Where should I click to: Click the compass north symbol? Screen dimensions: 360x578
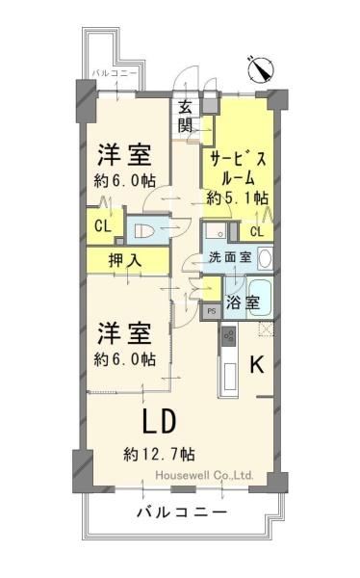click(260, 69)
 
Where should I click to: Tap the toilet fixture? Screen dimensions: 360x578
click(143, 231)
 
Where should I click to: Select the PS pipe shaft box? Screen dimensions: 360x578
click(211, 311)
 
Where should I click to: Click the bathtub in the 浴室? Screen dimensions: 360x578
click(259, 299)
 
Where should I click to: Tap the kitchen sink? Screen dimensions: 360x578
click(230, 376)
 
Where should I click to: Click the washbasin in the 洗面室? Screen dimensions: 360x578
click(265, 257)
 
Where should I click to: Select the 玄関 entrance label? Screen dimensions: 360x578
click(186, 117)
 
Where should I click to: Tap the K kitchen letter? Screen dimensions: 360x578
click(257, 364)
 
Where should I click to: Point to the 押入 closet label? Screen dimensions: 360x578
click(125, 261)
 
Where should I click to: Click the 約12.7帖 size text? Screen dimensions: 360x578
click(159, 454)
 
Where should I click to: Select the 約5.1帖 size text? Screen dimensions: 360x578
click(238, 198)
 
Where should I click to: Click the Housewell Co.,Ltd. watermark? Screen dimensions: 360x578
click(204, 475)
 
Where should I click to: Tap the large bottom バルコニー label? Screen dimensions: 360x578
click(181, 512)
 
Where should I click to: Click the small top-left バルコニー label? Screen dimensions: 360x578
click(115, 73)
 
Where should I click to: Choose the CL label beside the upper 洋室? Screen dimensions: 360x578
click(103, 226)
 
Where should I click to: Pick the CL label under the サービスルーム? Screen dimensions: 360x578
click(257, 232)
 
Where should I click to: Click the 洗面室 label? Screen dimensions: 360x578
click(230, 257)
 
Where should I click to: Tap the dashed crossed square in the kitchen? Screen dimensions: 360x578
click(266, 328)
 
